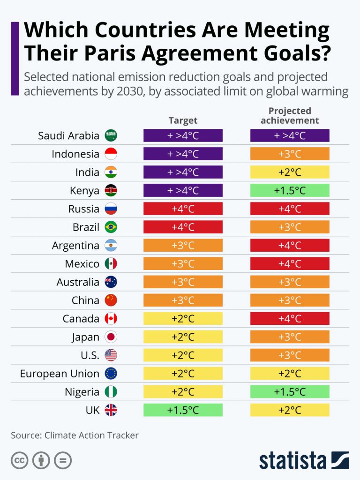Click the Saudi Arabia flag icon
[111, 136]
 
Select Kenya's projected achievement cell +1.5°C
[290, 190]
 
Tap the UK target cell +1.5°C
[183, 410]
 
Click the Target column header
[183, 120]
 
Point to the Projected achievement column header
[290, 116]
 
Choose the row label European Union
[60, 374]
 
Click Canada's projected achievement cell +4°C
[290, 319]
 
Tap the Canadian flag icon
[111, 319]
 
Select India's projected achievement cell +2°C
[290, 172]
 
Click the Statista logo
[304, 460]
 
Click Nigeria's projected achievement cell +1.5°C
[290, 392]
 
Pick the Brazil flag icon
[111, 227]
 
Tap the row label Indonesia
[75, 154]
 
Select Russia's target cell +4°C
[183, 209]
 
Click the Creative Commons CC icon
[20, 461]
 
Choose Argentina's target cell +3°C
[183, 246]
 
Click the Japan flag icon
[111, 337]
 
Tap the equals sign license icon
[63, 461]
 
